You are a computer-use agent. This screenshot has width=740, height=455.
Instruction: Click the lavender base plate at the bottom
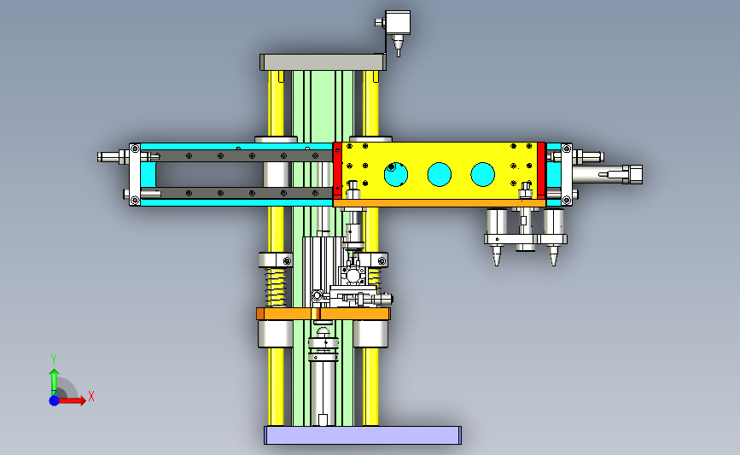click(x=363, y=435)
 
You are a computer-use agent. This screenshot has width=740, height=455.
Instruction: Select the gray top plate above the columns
click(x=323, y=62)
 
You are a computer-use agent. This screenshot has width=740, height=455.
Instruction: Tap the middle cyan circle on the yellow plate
click(x=439, y=174)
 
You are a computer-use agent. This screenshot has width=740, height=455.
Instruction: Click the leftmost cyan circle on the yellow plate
click(x=395, y=174)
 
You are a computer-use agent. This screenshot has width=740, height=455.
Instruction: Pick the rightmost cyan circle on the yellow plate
click(x=482, y=174)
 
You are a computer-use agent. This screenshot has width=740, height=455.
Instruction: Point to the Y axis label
click(x=53, y=359)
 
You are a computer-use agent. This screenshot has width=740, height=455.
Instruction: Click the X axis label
click(x=91, y=396)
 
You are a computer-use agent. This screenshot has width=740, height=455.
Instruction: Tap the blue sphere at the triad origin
click(x=55, y=400)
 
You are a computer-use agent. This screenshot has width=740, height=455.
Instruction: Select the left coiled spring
click(x=276, y=287)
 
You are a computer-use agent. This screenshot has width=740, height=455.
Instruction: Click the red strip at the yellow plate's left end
click(x=337, y=171)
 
